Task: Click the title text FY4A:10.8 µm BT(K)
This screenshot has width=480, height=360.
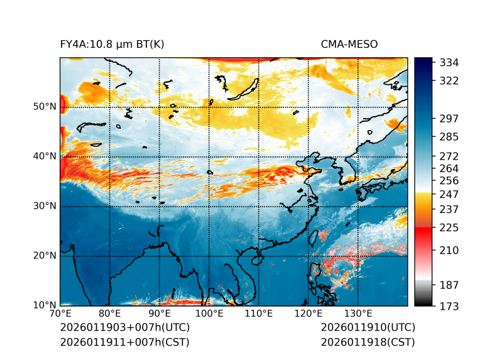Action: [112, 45]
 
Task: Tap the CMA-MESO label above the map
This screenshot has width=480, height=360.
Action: [349, 45]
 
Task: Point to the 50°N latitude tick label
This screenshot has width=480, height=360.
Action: [44, 107]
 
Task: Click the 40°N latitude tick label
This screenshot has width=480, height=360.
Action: [44, 156]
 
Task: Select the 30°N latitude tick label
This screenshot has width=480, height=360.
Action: [44, 206]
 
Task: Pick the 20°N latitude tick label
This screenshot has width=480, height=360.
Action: [44, 256]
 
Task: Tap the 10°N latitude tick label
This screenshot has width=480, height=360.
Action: [44, 305]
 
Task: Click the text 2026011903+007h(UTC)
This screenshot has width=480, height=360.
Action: [124, 328]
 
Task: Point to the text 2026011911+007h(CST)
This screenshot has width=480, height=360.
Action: [124, 342]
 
